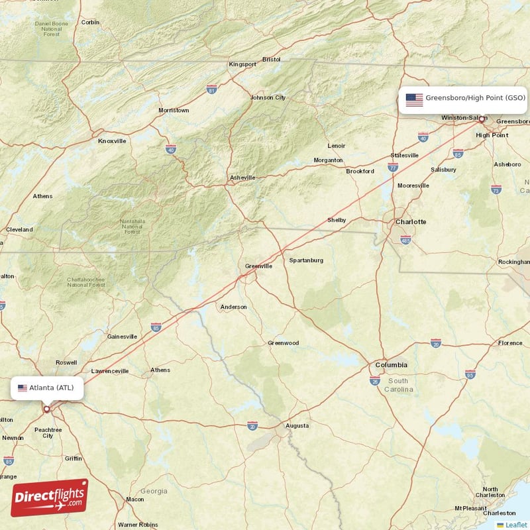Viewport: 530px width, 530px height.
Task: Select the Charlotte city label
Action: [x=411, y=221]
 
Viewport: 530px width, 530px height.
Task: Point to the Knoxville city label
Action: [x=112, y=140]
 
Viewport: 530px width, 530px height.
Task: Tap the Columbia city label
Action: [x=392, y=365]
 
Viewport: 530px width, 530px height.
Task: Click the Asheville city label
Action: [x=242, y=178]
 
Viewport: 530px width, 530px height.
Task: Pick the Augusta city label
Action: [x=297, y=425]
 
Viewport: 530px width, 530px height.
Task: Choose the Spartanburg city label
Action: [x=306, y=260]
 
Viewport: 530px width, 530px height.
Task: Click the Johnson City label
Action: [x=268, y=97]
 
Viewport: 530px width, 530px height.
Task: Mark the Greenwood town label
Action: [x=283, y=343]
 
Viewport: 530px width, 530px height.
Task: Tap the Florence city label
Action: [x=510, y=343]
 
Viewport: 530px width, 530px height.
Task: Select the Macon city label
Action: [x=134, y=499]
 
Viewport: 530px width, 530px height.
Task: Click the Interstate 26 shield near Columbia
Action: [x=375, y=380]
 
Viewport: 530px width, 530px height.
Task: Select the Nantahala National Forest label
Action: [x=132, y=227]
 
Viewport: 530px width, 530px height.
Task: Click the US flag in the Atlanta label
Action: [x=23, y=388]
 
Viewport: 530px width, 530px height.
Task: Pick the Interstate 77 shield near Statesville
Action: [x=393, y=168]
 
